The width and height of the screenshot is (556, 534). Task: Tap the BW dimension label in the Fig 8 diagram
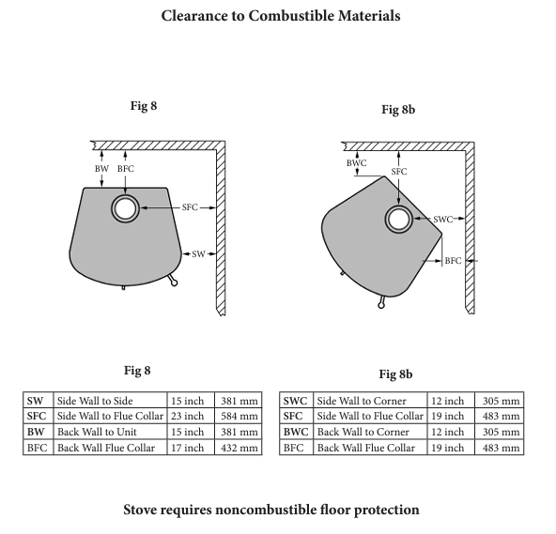[101, 169]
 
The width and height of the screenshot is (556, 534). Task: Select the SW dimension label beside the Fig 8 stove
[198, 254]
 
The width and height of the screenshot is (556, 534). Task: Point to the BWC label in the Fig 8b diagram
[356, 163]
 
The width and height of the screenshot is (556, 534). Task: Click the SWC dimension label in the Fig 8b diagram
[443, 220]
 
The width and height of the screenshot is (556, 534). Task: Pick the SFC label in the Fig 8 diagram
[190, 207]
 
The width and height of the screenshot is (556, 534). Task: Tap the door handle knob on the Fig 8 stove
[174, 282]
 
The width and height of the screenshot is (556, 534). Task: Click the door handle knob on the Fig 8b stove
[381, 305]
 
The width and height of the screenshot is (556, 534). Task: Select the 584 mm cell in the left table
[239, 416]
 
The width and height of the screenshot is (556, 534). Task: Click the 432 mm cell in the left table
[239, 448]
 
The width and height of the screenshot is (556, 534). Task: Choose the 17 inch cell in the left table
[191, 448]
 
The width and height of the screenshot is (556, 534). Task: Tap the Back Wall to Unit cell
[110, 432]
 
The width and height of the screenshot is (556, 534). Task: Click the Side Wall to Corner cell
[370, 401]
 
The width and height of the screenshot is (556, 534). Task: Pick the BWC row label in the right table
[296, 432]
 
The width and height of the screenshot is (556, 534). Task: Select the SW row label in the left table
[39, 401]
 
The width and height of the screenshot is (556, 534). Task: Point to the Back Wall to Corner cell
[370, 432]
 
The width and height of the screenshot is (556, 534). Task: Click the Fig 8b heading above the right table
[395, 374]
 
